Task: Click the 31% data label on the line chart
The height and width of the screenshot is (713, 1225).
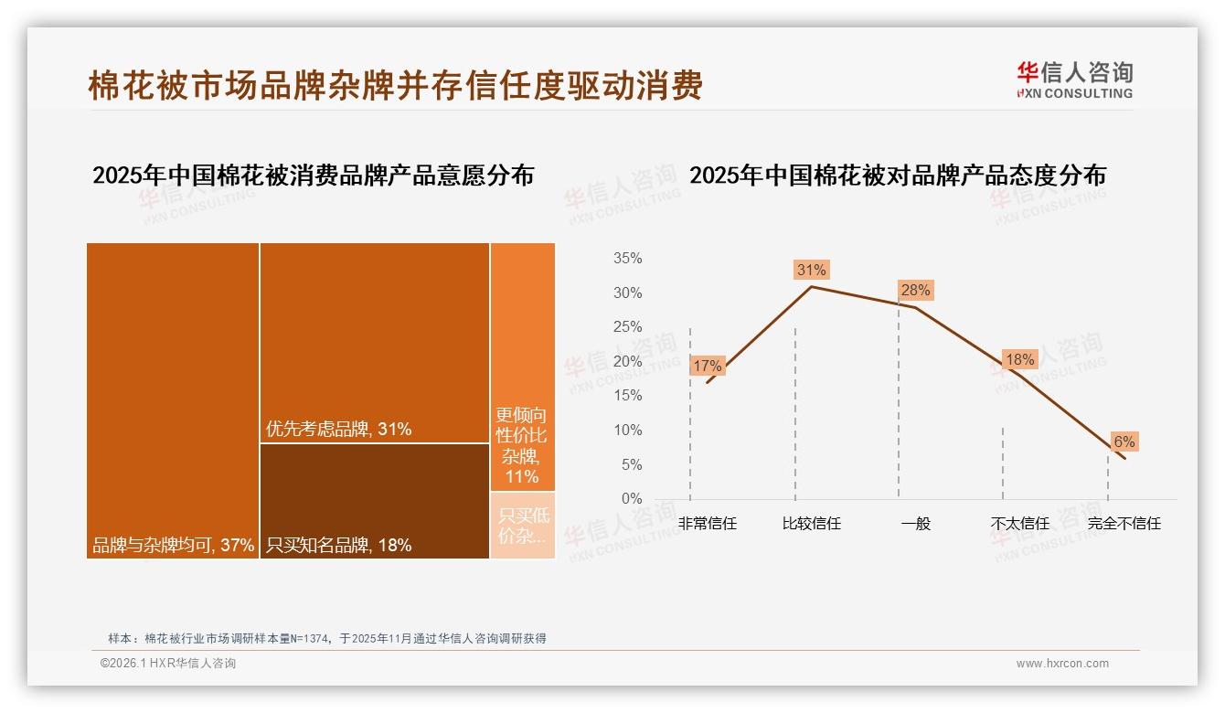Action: [811, 270]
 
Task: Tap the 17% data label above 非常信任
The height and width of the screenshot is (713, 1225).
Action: [708, 366]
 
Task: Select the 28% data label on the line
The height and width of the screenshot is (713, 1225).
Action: [915, 291]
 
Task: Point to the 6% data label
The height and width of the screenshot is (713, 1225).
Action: [1124, 442]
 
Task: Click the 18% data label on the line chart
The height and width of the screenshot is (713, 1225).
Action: [1019, 359]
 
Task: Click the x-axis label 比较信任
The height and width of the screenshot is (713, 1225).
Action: [811, 524]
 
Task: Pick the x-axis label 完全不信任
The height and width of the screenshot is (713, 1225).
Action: [1124, 524]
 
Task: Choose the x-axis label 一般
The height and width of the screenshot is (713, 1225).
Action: [915, 524]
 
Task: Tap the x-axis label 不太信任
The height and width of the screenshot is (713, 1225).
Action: [1019, 524]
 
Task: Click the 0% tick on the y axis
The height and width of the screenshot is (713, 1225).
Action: [632, 499]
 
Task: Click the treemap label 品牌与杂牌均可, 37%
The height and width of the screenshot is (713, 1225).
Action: [173, 546]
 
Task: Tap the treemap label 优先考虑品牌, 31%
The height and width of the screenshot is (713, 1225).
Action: [338, 429]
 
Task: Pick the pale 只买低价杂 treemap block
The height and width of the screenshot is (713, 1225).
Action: [522, 525]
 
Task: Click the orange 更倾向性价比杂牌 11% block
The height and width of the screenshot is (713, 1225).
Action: [522, 366]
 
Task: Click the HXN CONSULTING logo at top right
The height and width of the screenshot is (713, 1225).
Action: [1075, 80]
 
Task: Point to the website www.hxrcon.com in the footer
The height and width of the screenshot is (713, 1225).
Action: [1062, 664]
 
